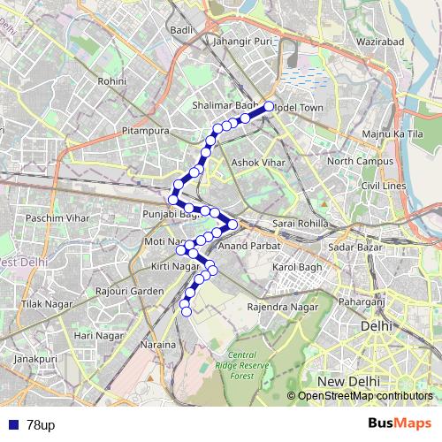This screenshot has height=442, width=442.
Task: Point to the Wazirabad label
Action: click(380, 42)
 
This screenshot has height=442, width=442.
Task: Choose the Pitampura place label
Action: click(146, 131)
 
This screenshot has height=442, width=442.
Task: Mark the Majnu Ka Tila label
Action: click(393, 133)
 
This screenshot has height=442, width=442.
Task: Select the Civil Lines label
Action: click(383, 186)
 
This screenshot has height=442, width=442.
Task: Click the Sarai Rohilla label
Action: click(301, 225)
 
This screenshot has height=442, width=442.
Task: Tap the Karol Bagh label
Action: click(295, 266)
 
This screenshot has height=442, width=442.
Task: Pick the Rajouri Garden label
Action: click(130, 291)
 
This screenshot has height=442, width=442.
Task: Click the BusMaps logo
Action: click(399, 424)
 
